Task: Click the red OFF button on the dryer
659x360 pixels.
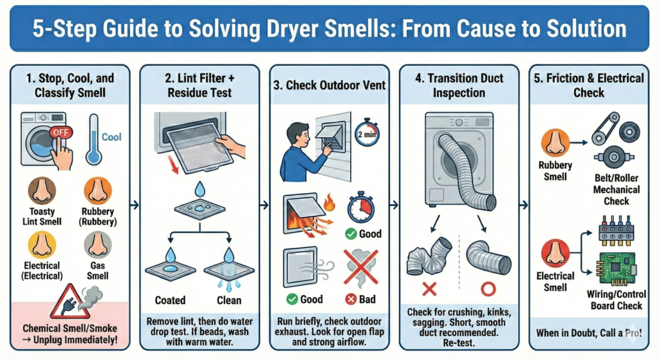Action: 60,133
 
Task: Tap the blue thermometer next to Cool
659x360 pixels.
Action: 93,140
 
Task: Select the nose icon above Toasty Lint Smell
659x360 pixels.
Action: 42,191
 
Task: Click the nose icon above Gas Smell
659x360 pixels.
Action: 98,245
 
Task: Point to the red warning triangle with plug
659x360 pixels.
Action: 70,302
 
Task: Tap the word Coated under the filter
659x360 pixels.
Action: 170,300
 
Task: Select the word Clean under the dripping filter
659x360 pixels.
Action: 229,300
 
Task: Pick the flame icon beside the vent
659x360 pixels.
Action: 329,202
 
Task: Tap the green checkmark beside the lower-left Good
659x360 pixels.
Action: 292,299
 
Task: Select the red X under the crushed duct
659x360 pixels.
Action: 429,289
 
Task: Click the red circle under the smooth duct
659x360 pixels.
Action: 488,289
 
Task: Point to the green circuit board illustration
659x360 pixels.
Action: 616,269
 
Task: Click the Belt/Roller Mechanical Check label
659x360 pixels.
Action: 616,190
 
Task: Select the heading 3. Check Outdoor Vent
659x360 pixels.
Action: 329,86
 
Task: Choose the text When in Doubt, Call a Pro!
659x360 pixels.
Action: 589,333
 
